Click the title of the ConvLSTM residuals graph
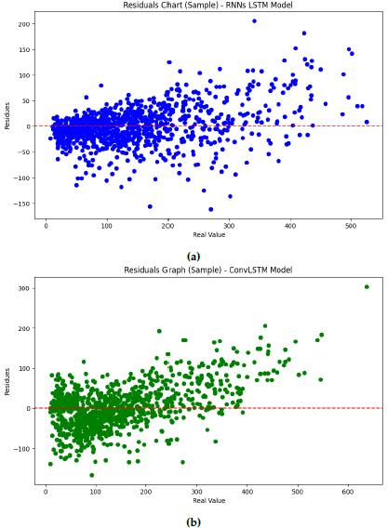(x=194, y=270)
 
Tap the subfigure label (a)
(x=193, y=256)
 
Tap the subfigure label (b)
(x=193, y=521)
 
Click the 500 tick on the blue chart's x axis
(x=351, y=225)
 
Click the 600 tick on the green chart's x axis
(x=348, y=491)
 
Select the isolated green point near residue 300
(x=367, y=286)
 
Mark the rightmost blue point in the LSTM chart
(x=367, y=122)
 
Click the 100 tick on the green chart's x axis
(x=96, y=491)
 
